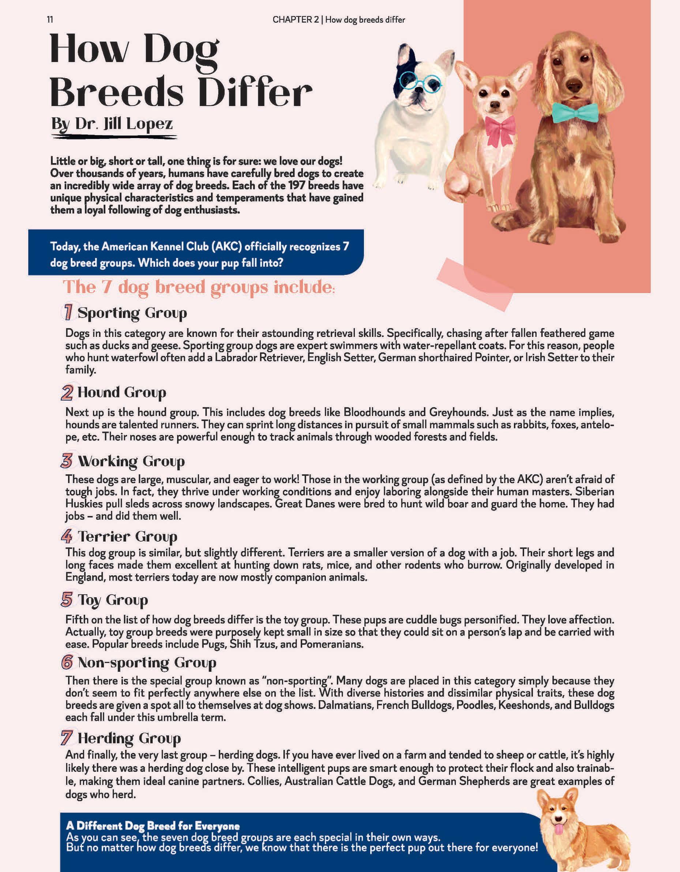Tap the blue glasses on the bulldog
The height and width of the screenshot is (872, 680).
tap(420, 81)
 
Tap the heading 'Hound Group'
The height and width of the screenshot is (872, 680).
tap(121, 393)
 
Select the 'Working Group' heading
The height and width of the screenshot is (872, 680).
tap(131, 461)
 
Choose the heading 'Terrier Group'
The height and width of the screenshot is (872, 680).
tap(127, 536)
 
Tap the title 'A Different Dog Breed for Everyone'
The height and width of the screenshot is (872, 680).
tap(153, 826)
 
